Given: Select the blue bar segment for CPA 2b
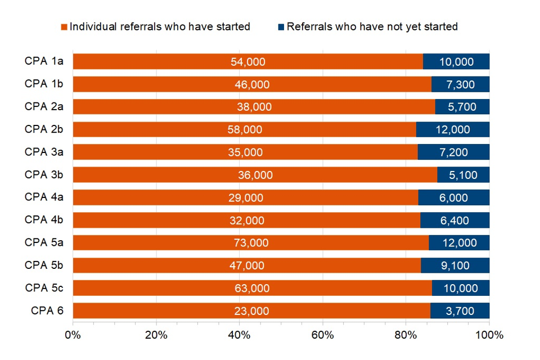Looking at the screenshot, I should click(x=453, y=129).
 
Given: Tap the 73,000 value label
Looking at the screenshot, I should click(x=251, y=243).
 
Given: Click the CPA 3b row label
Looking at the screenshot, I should click(x=44, y=174).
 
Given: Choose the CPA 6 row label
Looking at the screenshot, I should click(x=47, y=310).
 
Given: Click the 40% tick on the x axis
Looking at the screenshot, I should click(x=239, y=335).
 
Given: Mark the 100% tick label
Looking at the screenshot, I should click(x=489, y=335).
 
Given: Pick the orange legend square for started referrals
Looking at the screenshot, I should click(x=64, y=27).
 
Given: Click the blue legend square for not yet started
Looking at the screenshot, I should click(x=281, y=27).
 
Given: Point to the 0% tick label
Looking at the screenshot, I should click(x=73, y=335).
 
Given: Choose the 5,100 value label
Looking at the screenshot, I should click(x=463, y=175).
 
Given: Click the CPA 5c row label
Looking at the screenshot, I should click(x=44, y=288).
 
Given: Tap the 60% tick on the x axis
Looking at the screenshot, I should click(x=322, y=335).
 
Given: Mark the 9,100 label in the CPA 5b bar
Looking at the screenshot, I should click(x=454, y=265).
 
